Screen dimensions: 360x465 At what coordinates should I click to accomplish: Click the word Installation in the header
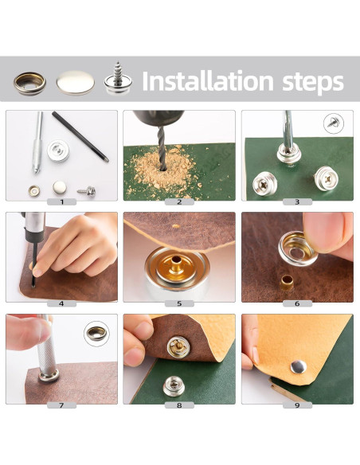[x=208, y=80]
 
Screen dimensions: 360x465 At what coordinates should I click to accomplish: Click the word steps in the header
[x=313, y=83]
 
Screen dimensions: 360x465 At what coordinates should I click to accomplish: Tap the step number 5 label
[x=179, y=303]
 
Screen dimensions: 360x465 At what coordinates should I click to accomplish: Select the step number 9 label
[x=297, y=405]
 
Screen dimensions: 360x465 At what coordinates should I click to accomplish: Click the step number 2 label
[x=179, y=202]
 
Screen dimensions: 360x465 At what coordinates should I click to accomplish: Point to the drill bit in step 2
[x=162, y=148]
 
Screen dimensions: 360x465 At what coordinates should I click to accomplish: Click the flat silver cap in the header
[x=76, y=83]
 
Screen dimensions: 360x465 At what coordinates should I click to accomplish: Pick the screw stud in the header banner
[x=118, y=79]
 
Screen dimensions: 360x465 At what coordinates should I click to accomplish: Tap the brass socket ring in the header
[x=29, y=84]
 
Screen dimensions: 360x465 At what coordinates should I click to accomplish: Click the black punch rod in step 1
[x=80, y=136]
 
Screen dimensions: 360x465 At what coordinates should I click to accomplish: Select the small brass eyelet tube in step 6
[x=287, y=283]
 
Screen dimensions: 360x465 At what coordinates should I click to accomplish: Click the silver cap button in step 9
[x=299, y=366]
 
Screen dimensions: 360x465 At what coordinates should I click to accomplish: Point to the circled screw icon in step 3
[x=334, y=123]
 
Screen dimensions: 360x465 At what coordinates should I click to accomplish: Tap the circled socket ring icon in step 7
[x=96, y=334]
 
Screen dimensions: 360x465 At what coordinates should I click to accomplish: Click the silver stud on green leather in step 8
[x=174, y=386]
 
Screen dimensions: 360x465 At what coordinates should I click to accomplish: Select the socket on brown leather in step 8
[x=178, y=347]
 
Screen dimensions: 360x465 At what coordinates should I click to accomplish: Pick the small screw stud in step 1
[x=87, y=191]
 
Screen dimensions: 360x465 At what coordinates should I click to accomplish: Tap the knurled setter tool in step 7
[x=46, y=350]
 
